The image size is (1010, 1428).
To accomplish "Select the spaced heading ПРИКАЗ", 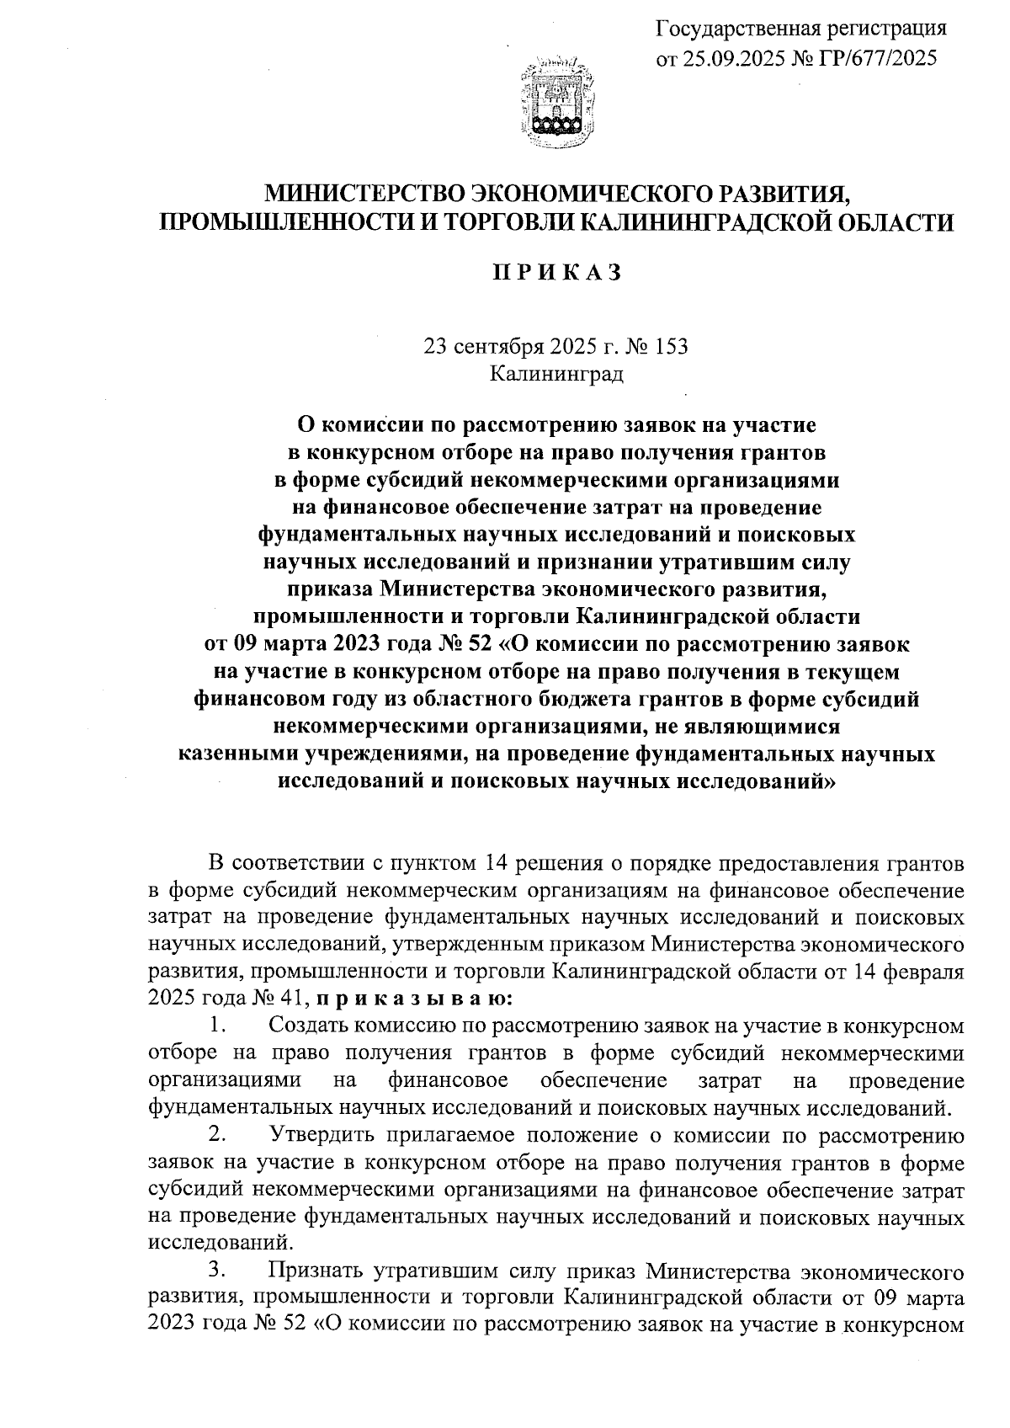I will [556, 274].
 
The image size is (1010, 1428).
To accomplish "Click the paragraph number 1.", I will [219, 1026].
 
